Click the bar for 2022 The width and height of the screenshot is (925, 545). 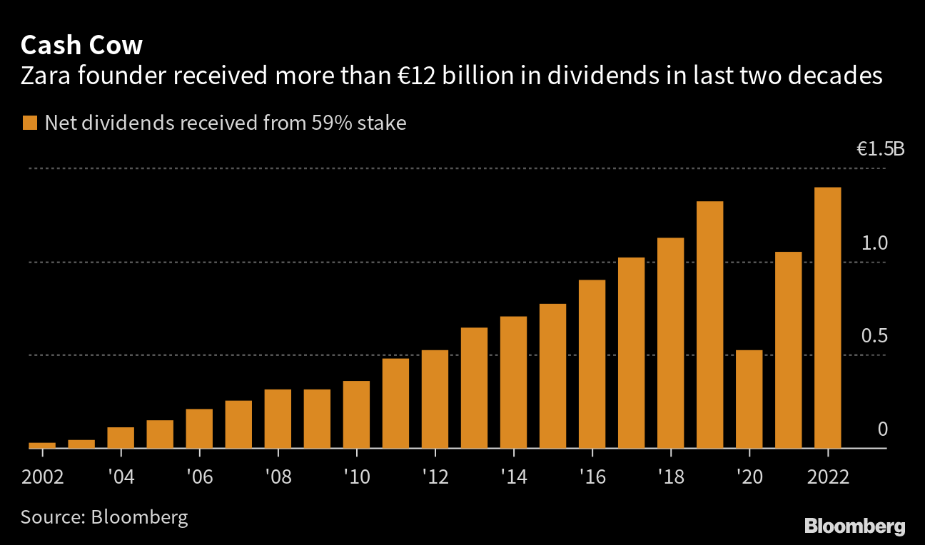[827, 318]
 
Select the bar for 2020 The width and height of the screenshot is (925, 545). [749, 399]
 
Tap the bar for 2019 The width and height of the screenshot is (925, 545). [709, 325]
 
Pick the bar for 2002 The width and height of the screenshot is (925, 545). [42, 445]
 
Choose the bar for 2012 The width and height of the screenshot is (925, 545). [435, 399]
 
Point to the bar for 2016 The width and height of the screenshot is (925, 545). [592, 364]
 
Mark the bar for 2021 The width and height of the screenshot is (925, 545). [788, 350]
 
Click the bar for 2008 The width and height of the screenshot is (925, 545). [278, 419]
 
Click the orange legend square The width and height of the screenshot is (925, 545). [29, 123]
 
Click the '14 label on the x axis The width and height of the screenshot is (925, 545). [514, 477]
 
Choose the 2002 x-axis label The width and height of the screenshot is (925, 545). [43, 477]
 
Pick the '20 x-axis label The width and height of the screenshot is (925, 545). [749, 477]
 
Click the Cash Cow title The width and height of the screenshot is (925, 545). [81, 46]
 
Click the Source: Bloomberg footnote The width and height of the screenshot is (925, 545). [104, 516]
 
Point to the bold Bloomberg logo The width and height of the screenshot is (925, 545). [854, 526]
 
